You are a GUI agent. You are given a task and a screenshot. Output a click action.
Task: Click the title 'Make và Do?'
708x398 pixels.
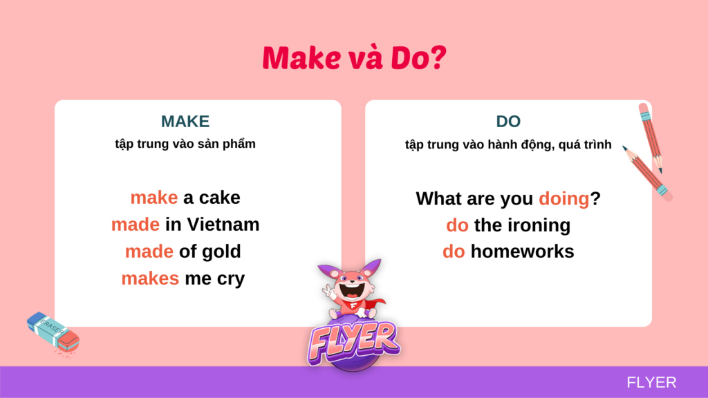click(x=355, y=58)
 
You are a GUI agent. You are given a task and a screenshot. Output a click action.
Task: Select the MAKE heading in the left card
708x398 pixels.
click(x=185, y=122)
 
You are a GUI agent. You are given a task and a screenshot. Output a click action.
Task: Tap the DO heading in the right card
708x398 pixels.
click(x=508, y=122)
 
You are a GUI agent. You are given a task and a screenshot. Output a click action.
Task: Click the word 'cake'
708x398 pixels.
click(x=219, y=198)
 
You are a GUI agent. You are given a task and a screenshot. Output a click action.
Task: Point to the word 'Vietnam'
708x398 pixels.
click(x=223, y=225)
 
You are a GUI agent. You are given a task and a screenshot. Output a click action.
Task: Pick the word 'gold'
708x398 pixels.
click(x=221, y=252)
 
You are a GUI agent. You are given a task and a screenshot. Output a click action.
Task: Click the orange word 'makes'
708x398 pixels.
click(x=150, y=279)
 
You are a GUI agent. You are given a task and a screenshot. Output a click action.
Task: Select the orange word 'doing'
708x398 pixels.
click(x=564, y=199)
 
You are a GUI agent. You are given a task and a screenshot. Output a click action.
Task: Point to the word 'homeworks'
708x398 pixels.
click(x=523, y=252)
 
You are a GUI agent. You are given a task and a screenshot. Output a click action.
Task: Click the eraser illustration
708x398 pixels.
click(x=53, y=332)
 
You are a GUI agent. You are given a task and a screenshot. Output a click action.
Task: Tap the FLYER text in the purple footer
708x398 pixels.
click(x=651, y=383)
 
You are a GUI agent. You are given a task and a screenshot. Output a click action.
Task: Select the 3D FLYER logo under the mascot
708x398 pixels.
click(x=353, y=341)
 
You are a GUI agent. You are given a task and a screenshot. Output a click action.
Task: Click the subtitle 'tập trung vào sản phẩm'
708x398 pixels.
click(x=185, y=144)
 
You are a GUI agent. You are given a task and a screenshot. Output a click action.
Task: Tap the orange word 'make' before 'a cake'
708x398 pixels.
click(x=154, y=198)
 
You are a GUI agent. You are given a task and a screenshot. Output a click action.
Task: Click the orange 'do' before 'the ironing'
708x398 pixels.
click(x=458, y=226)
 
